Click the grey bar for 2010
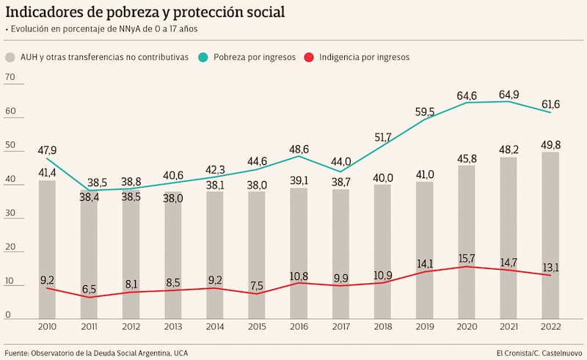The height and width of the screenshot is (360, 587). pos(47,249)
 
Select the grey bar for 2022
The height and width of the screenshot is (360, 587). pos(550,235)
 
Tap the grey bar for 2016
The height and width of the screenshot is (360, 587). pos(299,253)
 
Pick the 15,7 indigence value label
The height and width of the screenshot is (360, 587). pos(467,258)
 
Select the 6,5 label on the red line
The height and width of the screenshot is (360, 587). pos(89,290)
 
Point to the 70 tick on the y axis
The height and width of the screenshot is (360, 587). pos(10,77)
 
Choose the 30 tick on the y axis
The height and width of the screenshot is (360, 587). pos(10,214)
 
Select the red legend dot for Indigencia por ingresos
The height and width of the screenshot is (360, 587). pos(310,56)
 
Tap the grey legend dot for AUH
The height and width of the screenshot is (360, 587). pos(10,56)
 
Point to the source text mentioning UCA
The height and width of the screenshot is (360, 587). pos(95,353)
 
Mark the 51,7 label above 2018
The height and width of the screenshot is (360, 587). pos(383,137)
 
